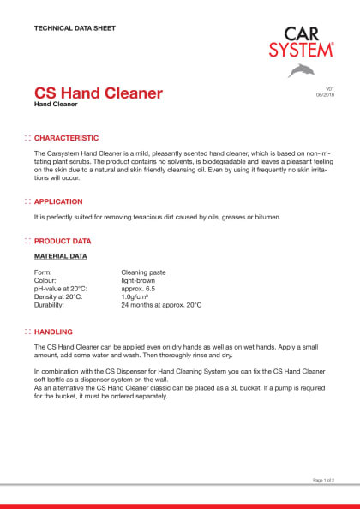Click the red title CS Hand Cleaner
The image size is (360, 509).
point(98,93)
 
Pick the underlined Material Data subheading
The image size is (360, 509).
point(60,256)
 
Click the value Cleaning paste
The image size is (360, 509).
point(143,272)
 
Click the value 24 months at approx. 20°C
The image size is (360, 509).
point(161,305)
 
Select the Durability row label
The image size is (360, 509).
point(49,305)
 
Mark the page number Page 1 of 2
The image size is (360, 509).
point(323,480)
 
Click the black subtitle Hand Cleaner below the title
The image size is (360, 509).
point(56,105)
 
